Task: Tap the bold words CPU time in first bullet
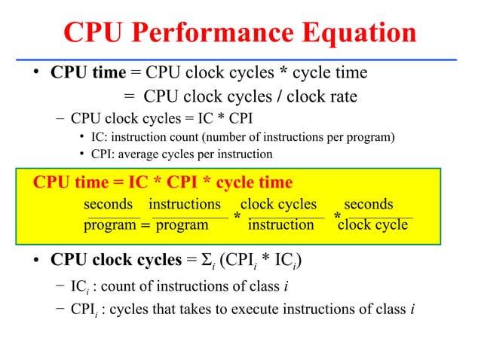88,73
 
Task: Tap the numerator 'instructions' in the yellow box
185,204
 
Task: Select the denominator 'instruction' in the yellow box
281,224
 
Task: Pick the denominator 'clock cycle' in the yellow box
373,224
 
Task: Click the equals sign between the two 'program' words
145,225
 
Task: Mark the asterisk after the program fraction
237,218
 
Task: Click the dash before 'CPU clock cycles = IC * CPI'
60,118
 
